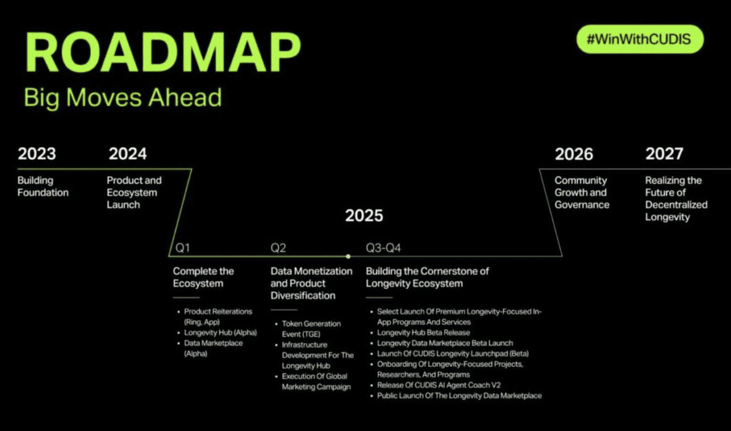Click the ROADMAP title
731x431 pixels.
(x=163, y=52)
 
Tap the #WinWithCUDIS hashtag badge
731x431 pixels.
(x=640, y=39)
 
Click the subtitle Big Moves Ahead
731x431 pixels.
(x=123, y=98)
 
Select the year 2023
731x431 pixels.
(x=37, y=154)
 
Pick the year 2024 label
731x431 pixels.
(x=127, y=154)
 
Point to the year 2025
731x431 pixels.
(x=364, y=215)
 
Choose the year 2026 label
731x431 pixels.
(x=574, y=154)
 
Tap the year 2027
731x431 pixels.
(x=664, y=154)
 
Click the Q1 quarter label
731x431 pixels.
(x=182, y=248)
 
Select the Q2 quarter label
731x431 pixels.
(x=278, y=248)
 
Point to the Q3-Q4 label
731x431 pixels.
(x=383, y=248)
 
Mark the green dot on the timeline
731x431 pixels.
(x=348, y=256)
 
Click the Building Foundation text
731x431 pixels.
(x=43, y=186)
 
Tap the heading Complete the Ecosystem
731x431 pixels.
(x=203, y=277)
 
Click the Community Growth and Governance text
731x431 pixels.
(x=582, y=192)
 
